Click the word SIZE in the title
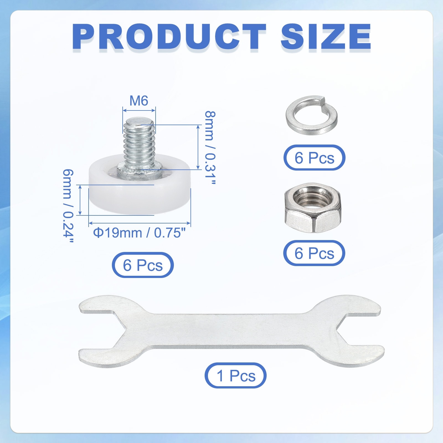pyautogui.click(x=326, y=37)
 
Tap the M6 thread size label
pyautogui.click(x=139, y=101)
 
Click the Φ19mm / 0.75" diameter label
pyautogui.click(x=139, y=233)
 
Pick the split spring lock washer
pyautogui.click(x=311, y=115)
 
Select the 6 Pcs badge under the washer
pyautogui.click(x=314, y=158)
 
